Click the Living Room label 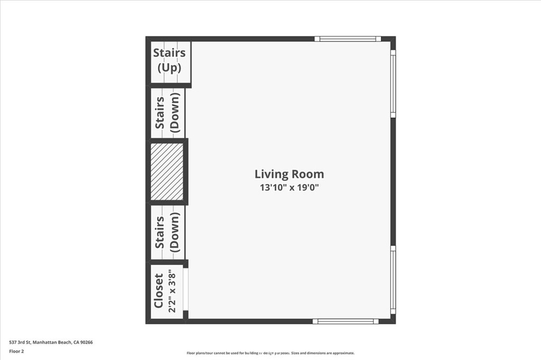(x=289, y=174)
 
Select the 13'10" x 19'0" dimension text (x=289, y=187)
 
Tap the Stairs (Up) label (x=169, y=60)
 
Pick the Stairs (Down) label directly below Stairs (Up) (x=167, y=112)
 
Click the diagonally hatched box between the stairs (x=167, y=172)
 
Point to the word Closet (x=158, y=290)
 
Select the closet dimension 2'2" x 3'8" (x=172, y=291)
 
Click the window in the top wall (x=348, y=39)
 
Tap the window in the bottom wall (x=346, y=321)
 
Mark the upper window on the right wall (x=393, y=83)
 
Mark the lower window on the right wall (x=393, y=280)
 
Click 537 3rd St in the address (x=20, y=342)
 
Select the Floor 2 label (x=16, y=350)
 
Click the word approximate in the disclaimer (x=342, y=353)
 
